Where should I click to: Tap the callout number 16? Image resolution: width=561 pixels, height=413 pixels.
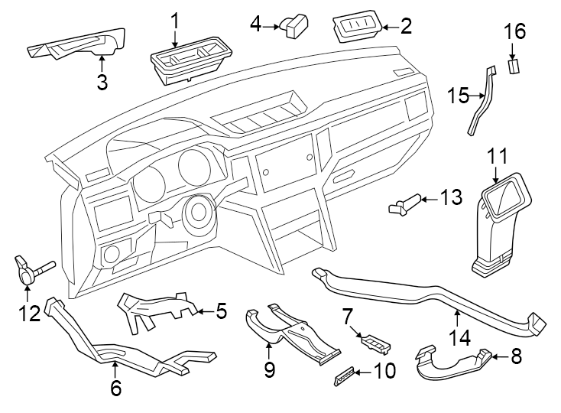(x=514, y=32)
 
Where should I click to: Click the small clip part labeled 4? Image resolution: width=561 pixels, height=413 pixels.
(x=293, y=26)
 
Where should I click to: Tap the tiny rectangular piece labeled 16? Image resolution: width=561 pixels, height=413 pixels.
(x=514, y=66)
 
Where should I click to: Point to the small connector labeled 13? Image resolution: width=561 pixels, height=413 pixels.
(x=404, y=203)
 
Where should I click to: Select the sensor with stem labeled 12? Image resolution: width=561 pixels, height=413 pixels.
(x=31, y=268)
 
